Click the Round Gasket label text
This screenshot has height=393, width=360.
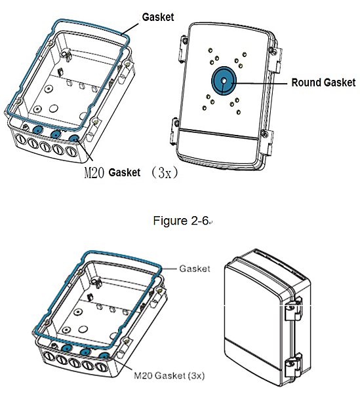(x=323, y=83)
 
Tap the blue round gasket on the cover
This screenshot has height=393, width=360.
(x=224, y=81)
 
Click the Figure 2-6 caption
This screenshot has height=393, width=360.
(x=180, y=221)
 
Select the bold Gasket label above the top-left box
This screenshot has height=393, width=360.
(x=158, y=17)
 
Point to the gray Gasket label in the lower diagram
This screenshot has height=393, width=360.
(x=195, y=269)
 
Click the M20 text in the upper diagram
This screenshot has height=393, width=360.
(x=94, y=172)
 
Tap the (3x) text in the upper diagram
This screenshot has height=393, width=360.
(x=165, y=172)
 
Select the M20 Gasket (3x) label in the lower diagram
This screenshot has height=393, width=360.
(x=169, y=375)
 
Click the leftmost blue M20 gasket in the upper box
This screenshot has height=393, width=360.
(x=37, y=130)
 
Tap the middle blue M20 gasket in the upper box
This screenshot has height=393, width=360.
(x=56, y=134)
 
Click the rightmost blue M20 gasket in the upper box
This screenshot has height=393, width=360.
(x=74, y=139)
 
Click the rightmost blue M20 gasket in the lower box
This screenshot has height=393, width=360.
(x=104, y=356)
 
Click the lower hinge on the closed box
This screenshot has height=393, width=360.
(x=292, y=366)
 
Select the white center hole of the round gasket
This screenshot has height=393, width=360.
(x=224, y=81)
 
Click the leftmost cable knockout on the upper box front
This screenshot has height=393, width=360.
(x=21, y=141)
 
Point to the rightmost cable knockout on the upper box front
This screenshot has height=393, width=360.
(x=71, y=152)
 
